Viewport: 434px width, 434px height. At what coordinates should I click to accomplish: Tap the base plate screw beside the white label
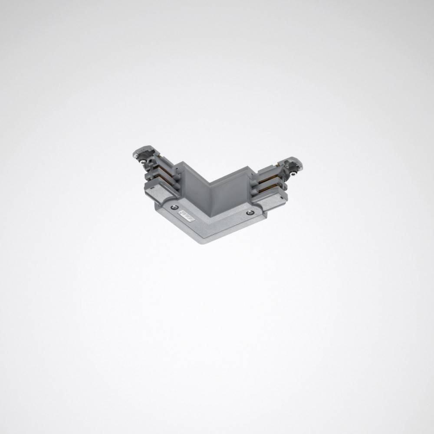(174, 207)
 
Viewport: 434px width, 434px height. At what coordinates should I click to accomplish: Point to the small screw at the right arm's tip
(294, 173)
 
